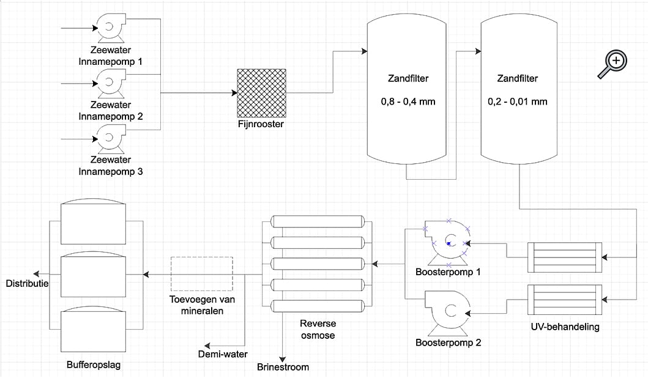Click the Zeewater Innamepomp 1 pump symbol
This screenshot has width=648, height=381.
(x=111, y=28)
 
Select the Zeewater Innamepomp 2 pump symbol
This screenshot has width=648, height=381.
(x=111, y=83)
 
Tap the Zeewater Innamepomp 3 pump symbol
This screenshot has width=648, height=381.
(x=111, y=138)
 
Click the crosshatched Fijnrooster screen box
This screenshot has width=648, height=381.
(x=261, y=93)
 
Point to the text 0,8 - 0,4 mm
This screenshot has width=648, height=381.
(x=408, y=102)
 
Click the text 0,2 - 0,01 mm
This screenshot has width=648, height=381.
(x=518, y=102)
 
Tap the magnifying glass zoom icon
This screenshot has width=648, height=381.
(x=613, y=64)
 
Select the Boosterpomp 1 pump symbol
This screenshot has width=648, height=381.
(x=447, y=243)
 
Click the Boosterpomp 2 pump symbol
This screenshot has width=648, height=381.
(x=447, y=313)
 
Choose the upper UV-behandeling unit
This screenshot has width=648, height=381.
(x=565, y=257)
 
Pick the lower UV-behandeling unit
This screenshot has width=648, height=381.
(x=565, y=300)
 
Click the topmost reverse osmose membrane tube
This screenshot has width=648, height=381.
(x=318, y=221)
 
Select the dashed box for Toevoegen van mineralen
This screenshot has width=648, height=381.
(x=202, y=273)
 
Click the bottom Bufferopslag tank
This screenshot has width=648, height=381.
(x=93, y=329)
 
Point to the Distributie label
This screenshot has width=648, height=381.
(x=28, y=284)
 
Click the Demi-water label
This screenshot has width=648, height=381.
(x=223, y=354)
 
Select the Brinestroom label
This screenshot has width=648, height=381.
(x=283, y=367)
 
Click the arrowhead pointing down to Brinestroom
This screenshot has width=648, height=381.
(x=283, y=360)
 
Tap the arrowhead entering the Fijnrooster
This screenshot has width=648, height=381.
(x=234, y=93)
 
